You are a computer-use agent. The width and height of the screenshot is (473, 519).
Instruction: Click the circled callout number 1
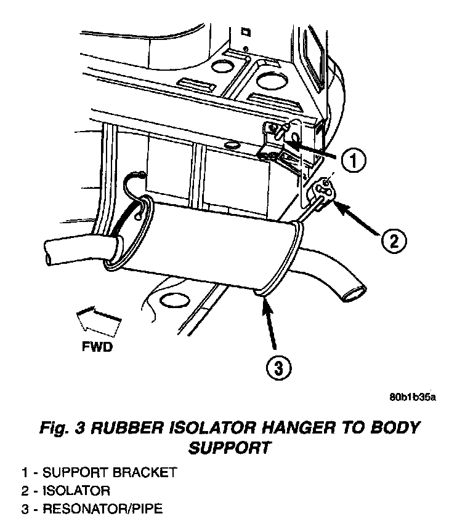[x=353, y=161]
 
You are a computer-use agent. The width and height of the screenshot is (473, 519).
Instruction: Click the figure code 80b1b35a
[x=412, y=396]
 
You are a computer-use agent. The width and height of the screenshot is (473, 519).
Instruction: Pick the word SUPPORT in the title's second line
[x=229, y=448]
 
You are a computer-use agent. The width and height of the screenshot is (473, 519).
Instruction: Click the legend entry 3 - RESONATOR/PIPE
[x=92, y=509]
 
